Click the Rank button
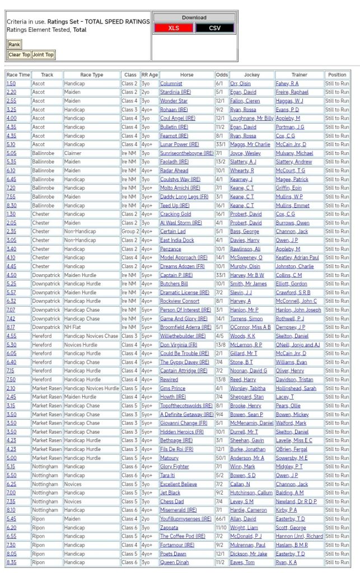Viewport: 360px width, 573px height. tap(14, 44)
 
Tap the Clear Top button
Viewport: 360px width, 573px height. tap(19, 55)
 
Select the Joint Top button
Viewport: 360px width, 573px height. tap(43, 55)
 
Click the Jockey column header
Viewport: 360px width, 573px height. tap(245, 74)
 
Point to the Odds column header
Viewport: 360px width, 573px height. tap(222, 74)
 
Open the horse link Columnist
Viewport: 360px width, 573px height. tap(171, 83)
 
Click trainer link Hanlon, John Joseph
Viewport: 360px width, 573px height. tap(298, 309)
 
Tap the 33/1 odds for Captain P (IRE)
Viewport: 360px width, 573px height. tap(222, 275)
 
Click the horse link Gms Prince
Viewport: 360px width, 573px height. tap(173, 388)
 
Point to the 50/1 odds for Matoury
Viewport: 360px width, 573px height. tap(222, 458)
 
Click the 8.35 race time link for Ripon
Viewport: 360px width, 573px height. tap(11, 562)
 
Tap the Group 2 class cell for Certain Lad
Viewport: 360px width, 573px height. tap(130, 231)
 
